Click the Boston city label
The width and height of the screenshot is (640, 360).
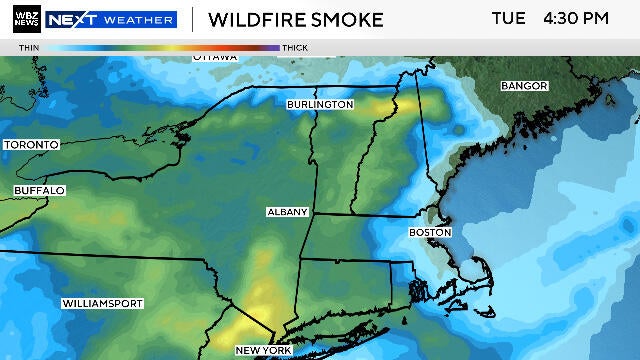[x=430, y=232]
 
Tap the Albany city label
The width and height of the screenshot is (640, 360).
[x=287, y=213]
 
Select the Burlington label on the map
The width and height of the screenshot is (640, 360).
[x=320, y=104]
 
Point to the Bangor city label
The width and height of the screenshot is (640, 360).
[x=525, y=85]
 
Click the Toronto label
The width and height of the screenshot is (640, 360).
[x=32, y=145]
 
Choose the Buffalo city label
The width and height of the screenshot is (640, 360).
[x=39, y=190]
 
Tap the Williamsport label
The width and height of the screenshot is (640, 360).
[x=102, y=303]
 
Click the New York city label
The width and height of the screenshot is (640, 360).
[x=263, y=350]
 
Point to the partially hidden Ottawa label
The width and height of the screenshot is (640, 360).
[x=215, y=57]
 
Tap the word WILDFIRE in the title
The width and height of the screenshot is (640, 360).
[x=256, y=20]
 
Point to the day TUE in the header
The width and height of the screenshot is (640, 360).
[x=509, y=19]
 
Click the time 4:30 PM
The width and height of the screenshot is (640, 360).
[x=576, y=19]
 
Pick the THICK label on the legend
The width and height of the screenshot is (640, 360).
[x=295, y=47]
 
